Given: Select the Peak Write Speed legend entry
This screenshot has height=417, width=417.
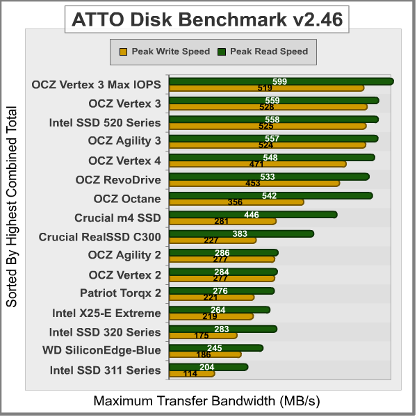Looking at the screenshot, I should pyautogui.click(x=165, y=51).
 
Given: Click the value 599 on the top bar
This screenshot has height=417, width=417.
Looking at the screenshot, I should pyautogui.click(x=280, y=81).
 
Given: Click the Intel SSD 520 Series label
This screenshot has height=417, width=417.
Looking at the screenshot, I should pyautogui.click(x=105, y=123).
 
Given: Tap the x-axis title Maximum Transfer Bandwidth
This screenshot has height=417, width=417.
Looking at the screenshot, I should pyautogui.click(x=207, y=401).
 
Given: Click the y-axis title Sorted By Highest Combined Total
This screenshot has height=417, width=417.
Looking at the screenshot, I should pyautogui.click(x=12, y=207).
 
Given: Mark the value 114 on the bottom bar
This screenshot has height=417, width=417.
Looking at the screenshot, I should pyautogui.click(x=190, y=374).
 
